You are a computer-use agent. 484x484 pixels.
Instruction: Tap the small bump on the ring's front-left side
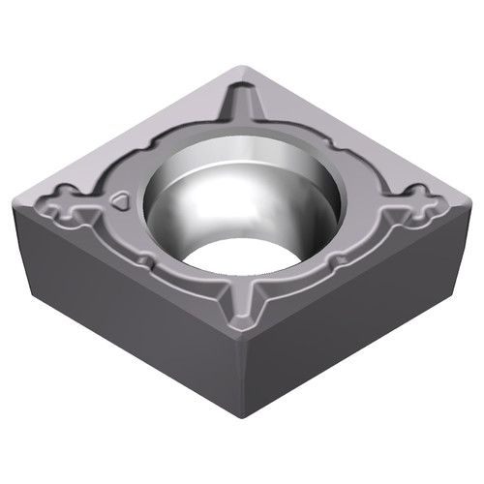click(145, 259)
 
